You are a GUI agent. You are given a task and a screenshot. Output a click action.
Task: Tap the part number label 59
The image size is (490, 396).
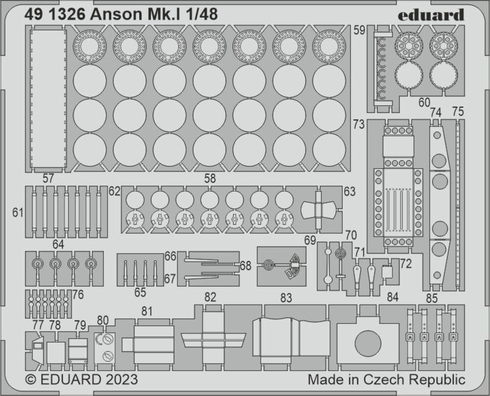point(359,30)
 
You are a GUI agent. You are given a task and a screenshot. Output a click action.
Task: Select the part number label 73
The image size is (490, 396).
point(359,125)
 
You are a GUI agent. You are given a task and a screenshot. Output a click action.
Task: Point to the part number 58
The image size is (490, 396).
point(210,179)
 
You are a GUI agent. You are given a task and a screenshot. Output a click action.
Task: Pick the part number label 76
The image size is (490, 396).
point(78,295)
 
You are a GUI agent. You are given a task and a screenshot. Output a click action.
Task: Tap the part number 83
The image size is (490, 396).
point(287,298)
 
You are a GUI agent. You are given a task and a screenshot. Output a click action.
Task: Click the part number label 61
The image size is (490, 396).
point(18,212)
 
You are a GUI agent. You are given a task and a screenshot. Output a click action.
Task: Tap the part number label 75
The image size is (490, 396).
point(458,112)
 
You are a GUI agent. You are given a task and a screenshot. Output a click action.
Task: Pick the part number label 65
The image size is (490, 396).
point(140,293)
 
